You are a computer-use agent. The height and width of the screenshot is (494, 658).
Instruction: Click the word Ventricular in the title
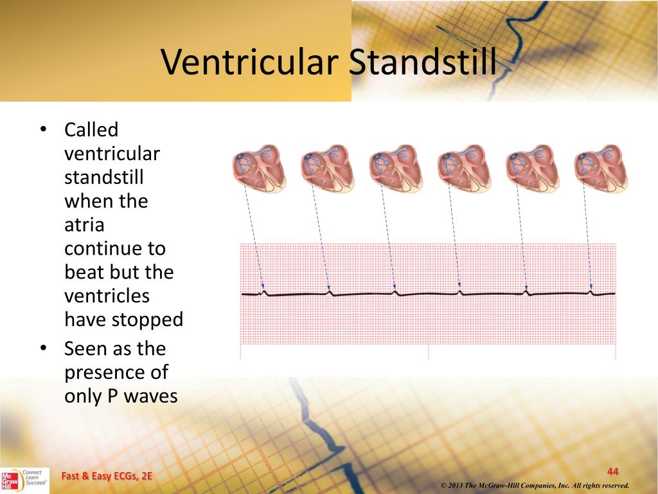(250, 62)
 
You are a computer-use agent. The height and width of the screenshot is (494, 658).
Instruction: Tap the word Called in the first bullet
(91, 130)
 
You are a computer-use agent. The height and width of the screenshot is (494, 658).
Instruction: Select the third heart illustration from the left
(395, 169)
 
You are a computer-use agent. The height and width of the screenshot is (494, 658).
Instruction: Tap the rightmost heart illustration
(600, 169)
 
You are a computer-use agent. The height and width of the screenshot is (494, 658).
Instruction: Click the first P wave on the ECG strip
(263, 293)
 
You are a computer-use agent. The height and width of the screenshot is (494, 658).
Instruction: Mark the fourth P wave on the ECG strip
(459, 292)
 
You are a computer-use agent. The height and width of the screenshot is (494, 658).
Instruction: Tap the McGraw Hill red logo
(10, 480)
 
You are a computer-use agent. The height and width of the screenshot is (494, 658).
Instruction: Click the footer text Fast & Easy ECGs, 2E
(107, 476)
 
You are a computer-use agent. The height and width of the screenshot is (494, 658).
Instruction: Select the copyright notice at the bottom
(535, 485)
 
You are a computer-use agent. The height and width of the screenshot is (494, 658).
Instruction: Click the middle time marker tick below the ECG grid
(428, 352)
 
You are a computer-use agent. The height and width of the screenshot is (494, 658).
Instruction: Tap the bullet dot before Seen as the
(42, 349)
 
